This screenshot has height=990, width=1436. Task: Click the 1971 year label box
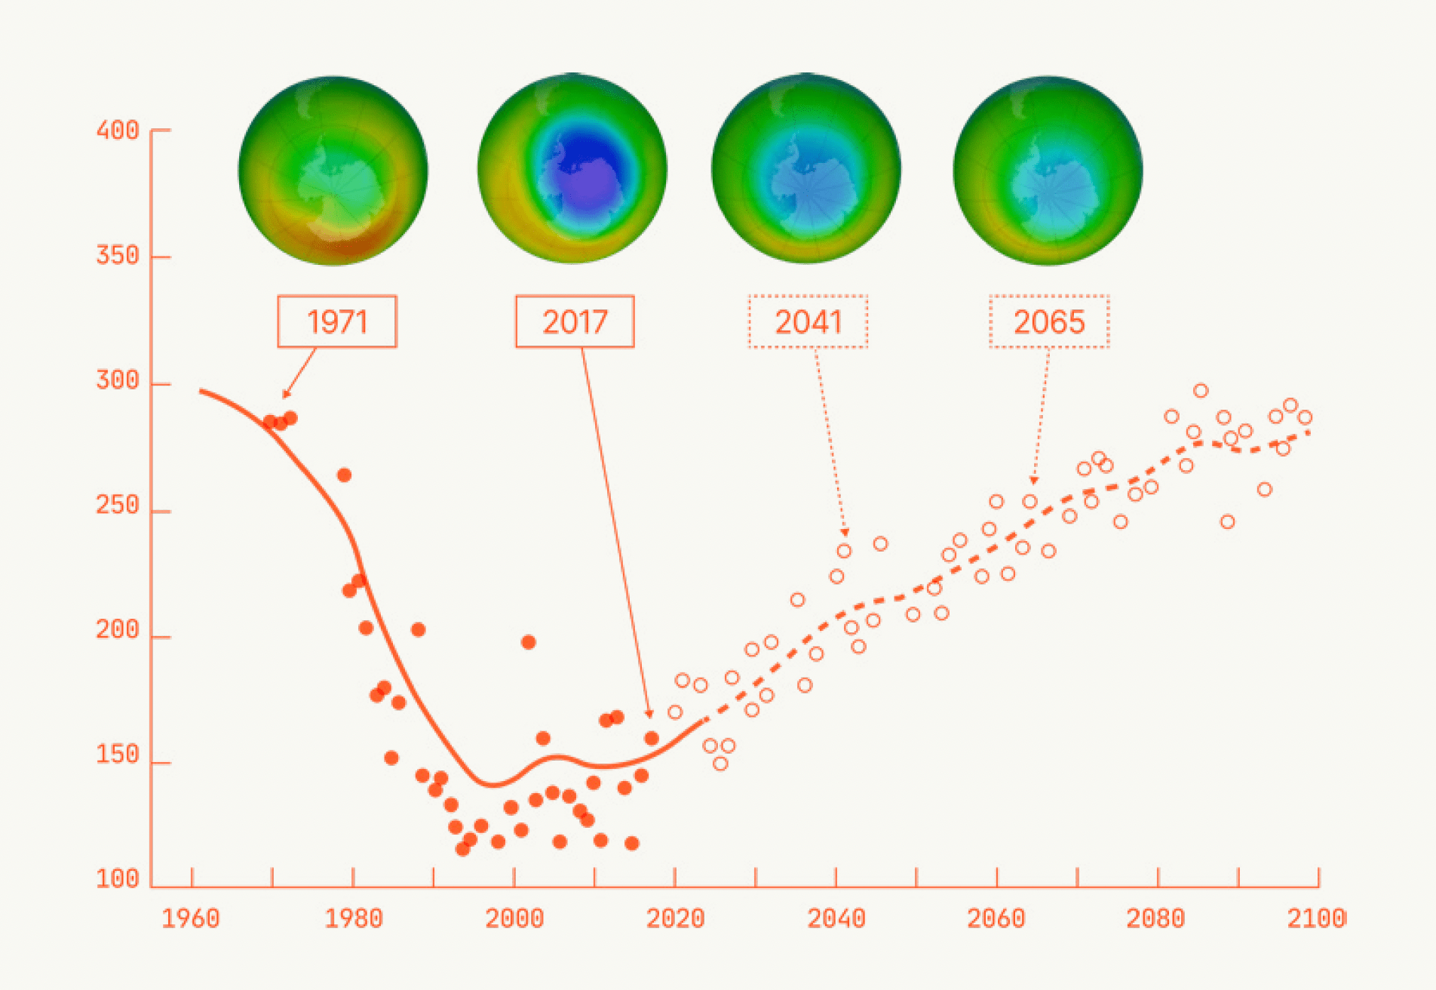[336, 322]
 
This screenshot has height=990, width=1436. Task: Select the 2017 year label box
[575, 322]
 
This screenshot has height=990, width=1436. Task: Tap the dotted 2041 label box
[808, 322]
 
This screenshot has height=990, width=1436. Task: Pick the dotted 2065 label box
[1049, 322]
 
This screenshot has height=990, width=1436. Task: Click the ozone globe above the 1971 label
[333, 171]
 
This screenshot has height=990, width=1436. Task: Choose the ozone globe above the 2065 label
[1048, 171]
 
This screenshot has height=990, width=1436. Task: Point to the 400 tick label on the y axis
[118, 131]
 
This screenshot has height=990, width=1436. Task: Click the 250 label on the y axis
[118, 505]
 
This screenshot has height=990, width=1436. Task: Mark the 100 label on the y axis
[118, 879]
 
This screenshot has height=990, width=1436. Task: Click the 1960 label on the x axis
[191, 918]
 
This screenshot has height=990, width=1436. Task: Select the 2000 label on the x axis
[514, 918]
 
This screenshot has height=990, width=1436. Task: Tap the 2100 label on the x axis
[1316, 918]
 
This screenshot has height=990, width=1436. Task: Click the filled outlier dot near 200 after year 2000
[528, 642]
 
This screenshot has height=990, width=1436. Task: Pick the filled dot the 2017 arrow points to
[652, 738]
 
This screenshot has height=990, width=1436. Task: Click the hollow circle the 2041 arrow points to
[844, 551]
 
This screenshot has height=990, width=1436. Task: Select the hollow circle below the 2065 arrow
[1029, 502]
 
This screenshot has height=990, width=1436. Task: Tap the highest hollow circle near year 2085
[1201, 391]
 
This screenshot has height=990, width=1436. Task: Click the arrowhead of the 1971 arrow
[285, 395]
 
